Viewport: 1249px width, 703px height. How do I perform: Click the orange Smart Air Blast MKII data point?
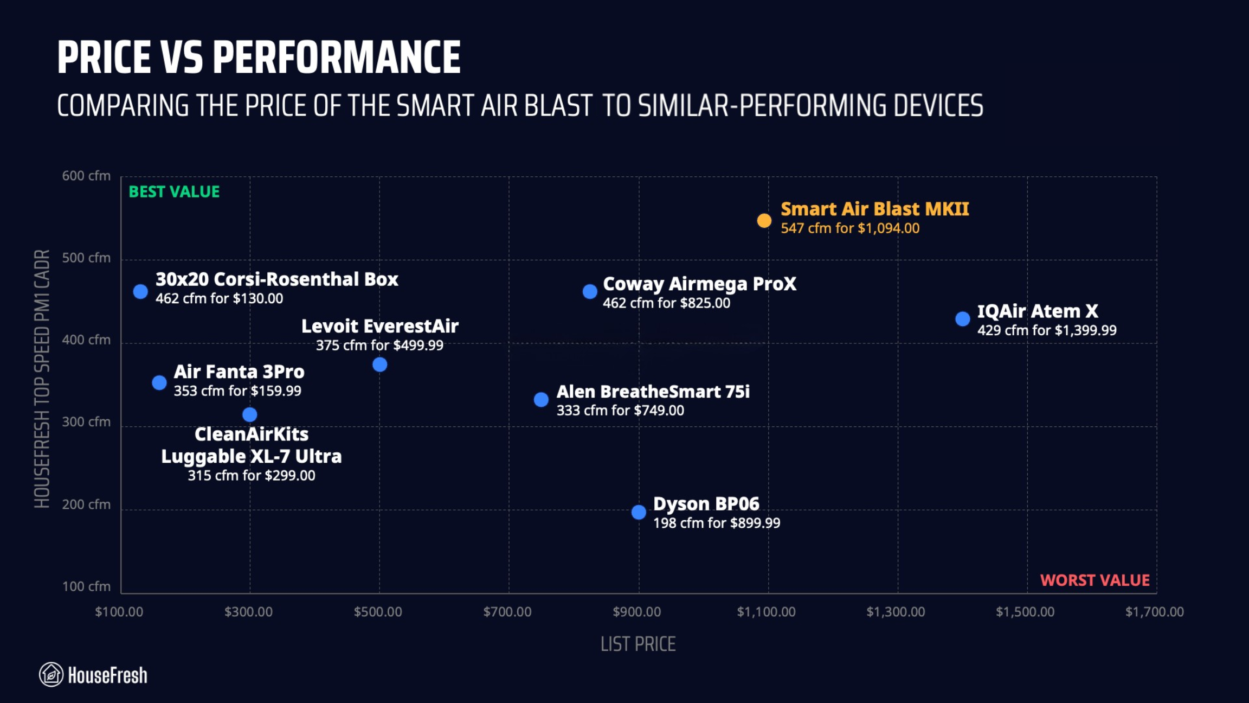click(x=764, y=221)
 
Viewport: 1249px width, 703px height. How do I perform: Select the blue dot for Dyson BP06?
click(x=639, y=512)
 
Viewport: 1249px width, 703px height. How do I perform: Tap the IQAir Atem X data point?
click(x=962, y=319)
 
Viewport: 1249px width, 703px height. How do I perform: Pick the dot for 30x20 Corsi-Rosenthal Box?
click(x=140, y=292)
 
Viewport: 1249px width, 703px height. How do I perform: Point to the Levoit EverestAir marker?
click(x=380, y=365)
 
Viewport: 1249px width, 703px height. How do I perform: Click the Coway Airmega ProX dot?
click(x=590, y=292)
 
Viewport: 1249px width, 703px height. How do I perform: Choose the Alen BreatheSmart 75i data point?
click(x=541, y=400)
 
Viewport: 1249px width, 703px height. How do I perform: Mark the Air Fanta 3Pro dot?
click(x=159, y=383)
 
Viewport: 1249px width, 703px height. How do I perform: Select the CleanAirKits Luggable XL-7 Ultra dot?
click(x=250, y=415)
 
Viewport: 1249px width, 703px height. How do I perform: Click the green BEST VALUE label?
click(x=174, y=191)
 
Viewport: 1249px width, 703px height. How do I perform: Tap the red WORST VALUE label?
click(x=1095, y=580)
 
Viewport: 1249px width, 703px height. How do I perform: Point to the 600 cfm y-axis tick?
click(x=86, y=176)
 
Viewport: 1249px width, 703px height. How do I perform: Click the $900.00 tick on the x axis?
click(x=636, y=612)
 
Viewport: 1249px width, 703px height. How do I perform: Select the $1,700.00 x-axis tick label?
click(x=1154, y=612)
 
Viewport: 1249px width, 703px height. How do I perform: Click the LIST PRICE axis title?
click(x=638, y=644)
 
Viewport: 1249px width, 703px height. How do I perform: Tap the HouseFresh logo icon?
click(x=51, y=675)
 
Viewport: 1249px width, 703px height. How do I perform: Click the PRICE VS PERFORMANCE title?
click(x=259, y=57)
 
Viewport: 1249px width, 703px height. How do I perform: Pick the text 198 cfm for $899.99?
click(x=717, y=523)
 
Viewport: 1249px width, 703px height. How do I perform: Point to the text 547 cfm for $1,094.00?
click(x=850, y=228)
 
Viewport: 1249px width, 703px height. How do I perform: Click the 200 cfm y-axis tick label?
click(x=86, y=504)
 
